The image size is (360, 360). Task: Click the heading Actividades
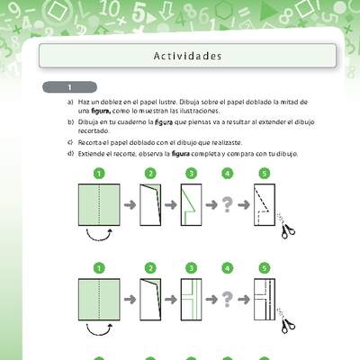[188, 56]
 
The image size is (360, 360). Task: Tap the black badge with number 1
[69, 87]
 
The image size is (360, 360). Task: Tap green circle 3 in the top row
[190, 174]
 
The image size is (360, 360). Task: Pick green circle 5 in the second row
[264, 267]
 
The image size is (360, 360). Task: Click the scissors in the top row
[287, 231]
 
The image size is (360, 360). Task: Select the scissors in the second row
[287, 324]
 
